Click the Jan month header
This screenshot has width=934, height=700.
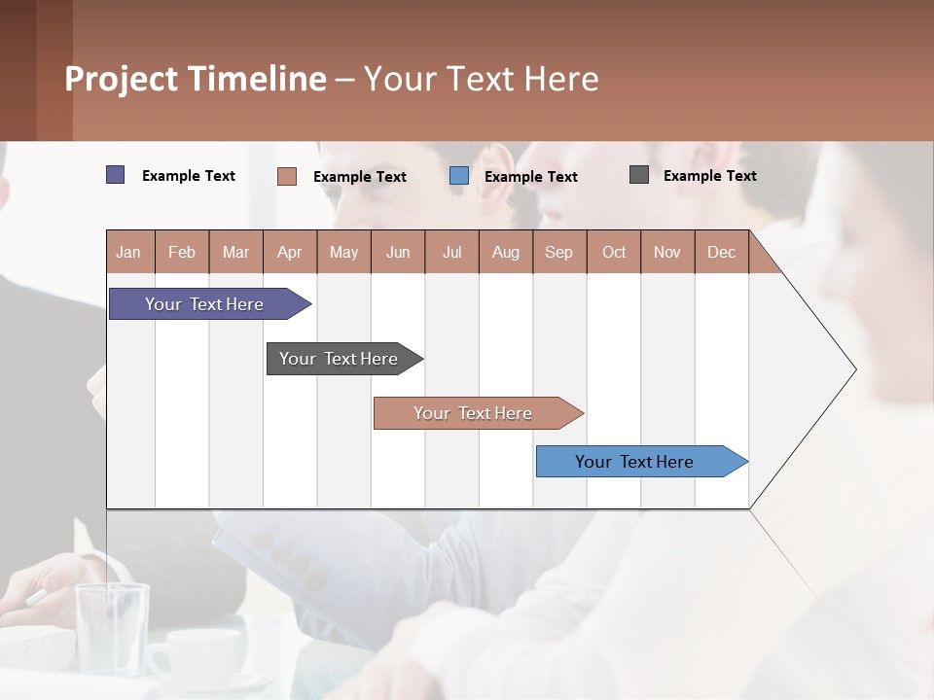pyautogui.click(x=128, y=252)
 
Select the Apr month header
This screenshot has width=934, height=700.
pyautogui.click(x=289, y=252)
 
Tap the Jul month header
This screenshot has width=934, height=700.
pyautogui.click(x=451, y=252)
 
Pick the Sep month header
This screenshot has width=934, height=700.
pyautogui.click(x=558, y=252)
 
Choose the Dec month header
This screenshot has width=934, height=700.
pyautogui.click(x=721, y=252)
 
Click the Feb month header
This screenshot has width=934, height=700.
pyautogui.click(x=182, y=252)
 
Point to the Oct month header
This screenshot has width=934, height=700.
pyautogui.click(x=613, y=252)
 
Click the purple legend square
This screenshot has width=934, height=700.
pyautogui.click(x=115, y=175)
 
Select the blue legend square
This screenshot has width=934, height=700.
pyautogui.click(x=459, y=176)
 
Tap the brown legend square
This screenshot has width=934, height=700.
pyautogui.click(x=287, y=176)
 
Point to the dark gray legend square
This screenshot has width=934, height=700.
pyautogui.click(x=639, y=175)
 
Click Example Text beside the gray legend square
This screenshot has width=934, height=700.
pyautogui.click(x=709, y=175)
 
